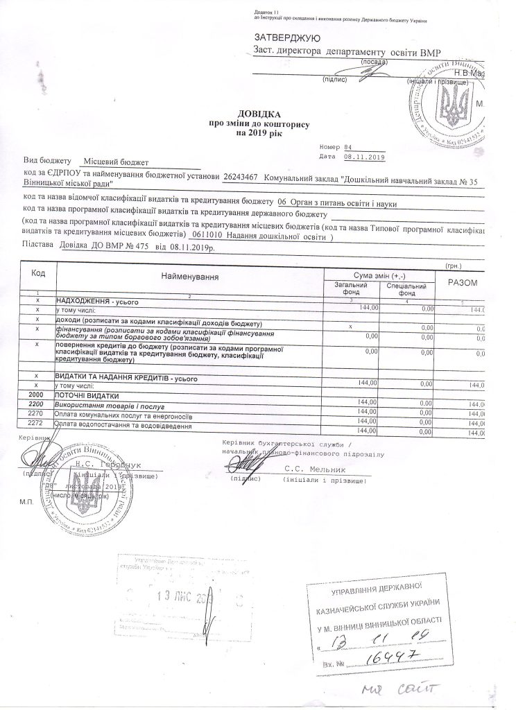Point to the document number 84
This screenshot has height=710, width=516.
[x=347, y=147]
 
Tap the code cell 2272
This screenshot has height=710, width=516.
[x=35, y=422]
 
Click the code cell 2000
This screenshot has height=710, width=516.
[x=35, y=395]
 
